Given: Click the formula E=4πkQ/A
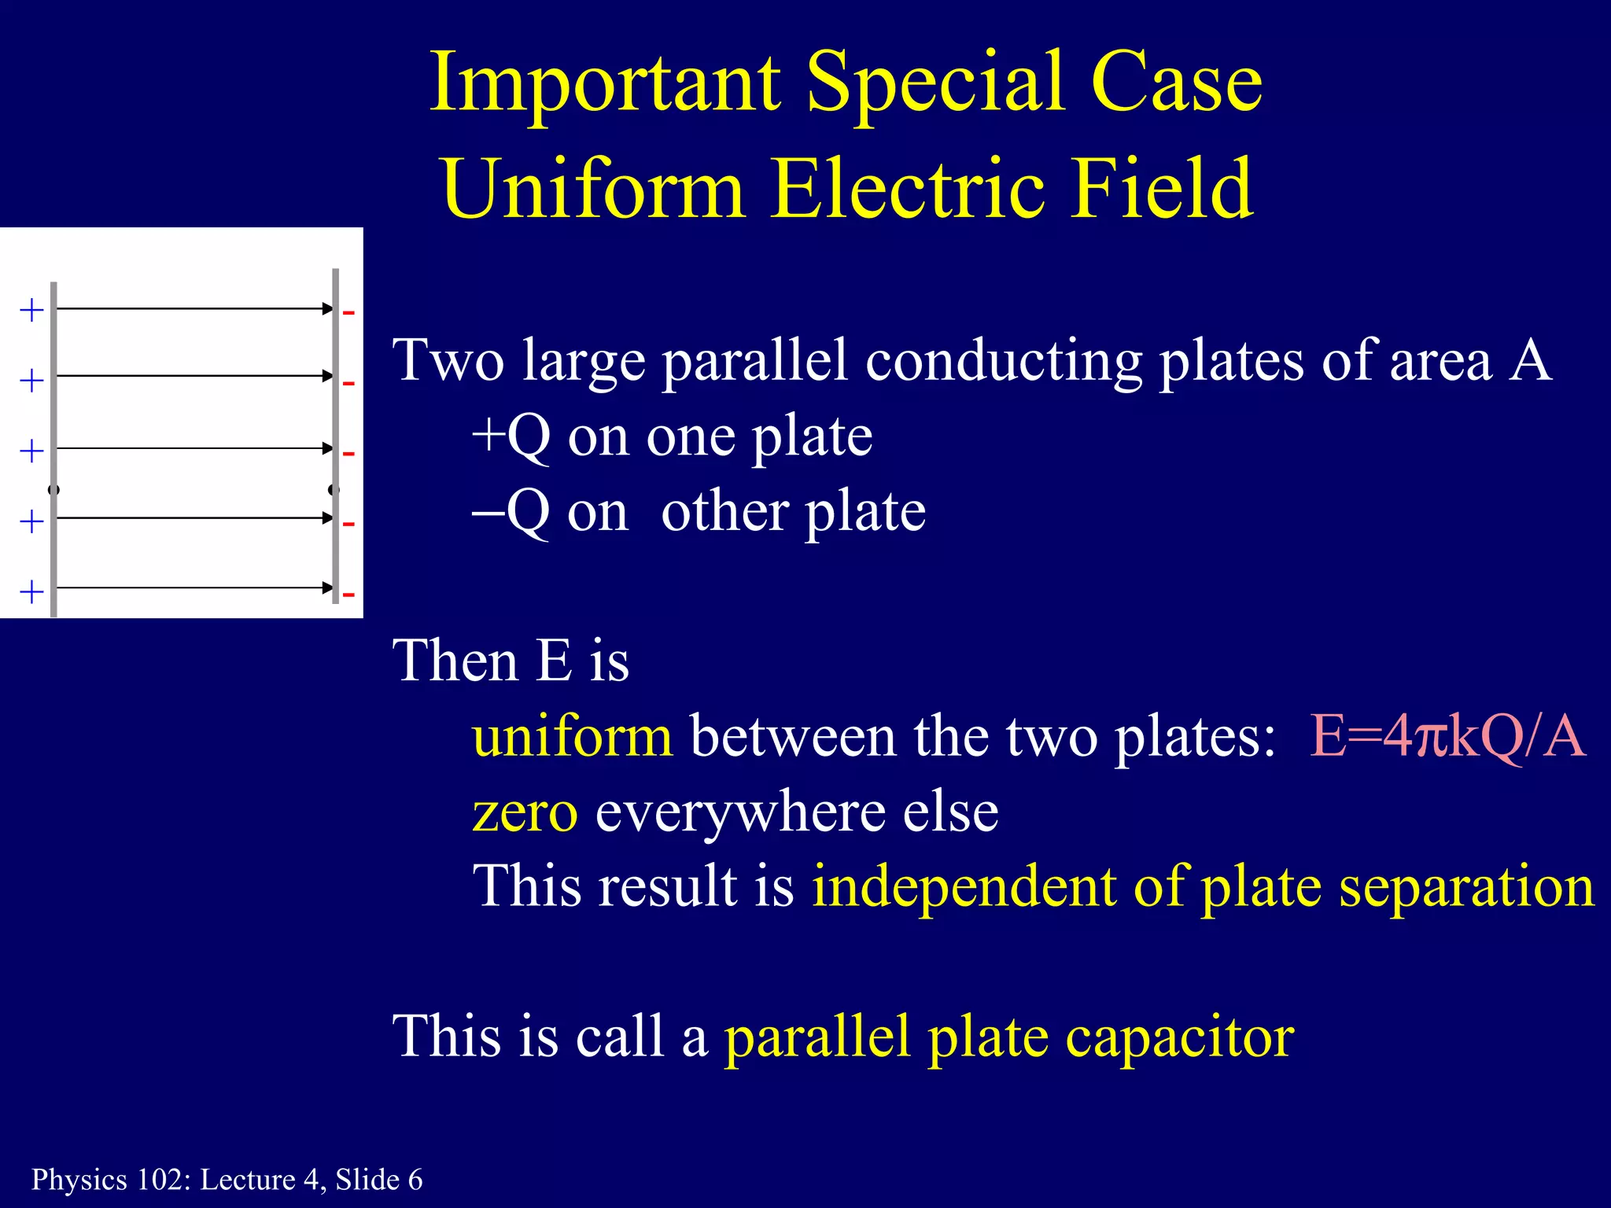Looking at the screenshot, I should coord(1447,737).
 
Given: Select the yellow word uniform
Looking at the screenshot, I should coord(572,737).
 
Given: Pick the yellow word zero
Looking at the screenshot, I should coord(525,812).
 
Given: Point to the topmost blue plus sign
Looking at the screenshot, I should coord(31,311).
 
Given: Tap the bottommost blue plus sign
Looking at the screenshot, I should coord(31,591).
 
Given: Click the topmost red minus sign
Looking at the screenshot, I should coord(348,313).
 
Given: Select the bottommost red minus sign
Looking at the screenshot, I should coord(348,595).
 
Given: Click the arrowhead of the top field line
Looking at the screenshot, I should coord(328,309).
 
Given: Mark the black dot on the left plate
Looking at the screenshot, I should coord(53,490).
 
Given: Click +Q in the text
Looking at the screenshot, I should coord(511,436).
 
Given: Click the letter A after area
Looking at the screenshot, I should coord(1530,361).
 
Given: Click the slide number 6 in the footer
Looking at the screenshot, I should coord(415,1180).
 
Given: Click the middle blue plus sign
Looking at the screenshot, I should coord(31,451).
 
